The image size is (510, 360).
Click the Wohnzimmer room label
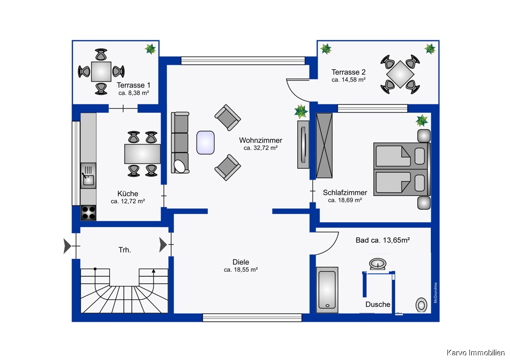pyautogui.click(x=261, y=140)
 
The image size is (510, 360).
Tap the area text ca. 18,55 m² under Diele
pyautogui.click(x=241, y=270)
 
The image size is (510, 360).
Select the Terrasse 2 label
pyautogui.click(x=348, y=72)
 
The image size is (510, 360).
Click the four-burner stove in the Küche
pyautogui.click(x=88, y=213)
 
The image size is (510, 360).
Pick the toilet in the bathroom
pyautogui.click(x=421, y=305)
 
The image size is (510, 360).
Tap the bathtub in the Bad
pyautogui.click(x=327, y=290)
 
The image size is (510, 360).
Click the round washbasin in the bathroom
pyautogui.click(x=377, y=264)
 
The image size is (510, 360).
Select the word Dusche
pyautogui.click(x=377, y=304)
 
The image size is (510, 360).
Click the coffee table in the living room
pyautogui.click(x=205, y=142)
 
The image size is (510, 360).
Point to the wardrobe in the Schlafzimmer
pyautogui.click(x=324, y=145)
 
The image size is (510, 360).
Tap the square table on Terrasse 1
pyautogui.click(x=101, y=71)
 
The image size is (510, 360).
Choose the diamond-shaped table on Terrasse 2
pyautogui.click(x=400, y=74)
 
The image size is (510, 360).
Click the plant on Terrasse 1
pyautogui.click(x=150, y=49)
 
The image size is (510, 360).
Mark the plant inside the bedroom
pyautogui.click(x=422, y=120)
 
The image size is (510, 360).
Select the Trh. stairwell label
pyautogui.click(x=125, y=250)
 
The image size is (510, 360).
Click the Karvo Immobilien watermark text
pyautogui.click(x=475, y=352)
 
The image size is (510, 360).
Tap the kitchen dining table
pyautogui.click(x=142, y=154)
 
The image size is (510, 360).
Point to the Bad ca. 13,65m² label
pyautogui.click(x=382, y=240)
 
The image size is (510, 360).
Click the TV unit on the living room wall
pyautogui.click(x=303, y=144)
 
